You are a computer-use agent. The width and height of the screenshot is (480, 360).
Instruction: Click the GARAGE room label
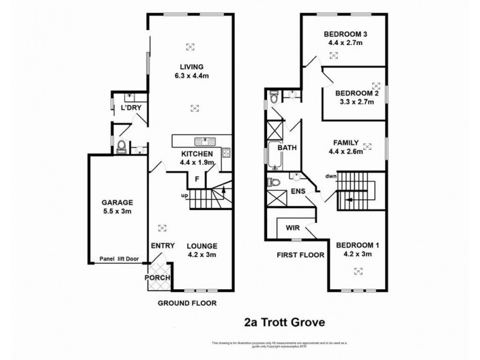point(118,202)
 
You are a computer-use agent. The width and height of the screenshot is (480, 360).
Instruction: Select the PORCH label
point(158,278)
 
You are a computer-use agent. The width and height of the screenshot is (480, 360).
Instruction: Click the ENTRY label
point(162,245)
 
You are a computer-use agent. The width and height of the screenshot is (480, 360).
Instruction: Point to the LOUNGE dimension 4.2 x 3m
point(201,254)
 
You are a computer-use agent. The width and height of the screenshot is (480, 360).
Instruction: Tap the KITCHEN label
point(197,154)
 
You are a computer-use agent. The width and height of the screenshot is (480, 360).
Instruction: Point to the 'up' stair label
point(185,195)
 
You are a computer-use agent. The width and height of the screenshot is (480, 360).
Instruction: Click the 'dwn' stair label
point(331,176)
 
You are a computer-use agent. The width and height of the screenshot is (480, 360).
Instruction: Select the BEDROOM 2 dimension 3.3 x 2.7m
point(355,102)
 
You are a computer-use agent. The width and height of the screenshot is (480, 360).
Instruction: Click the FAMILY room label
point(346,143)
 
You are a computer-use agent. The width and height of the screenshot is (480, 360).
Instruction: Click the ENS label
point(298,191)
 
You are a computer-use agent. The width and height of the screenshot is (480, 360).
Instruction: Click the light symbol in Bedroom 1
point(358,271)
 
